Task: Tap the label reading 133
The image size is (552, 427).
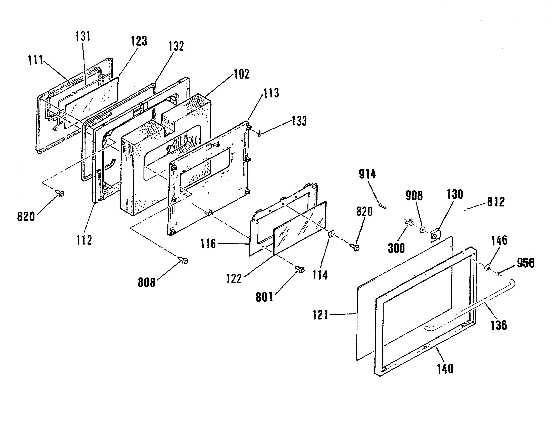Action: tap(299, 121)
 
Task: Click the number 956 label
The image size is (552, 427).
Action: tap(526, 263)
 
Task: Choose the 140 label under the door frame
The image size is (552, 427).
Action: tap(445, 369)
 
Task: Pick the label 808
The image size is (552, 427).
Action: tap(147, 282)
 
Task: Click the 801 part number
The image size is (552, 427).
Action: tap(265, 297)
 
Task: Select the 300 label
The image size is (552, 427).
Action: tap(396, 248)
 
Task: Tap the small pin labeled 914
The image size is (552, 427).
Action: tap(382, 206)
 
